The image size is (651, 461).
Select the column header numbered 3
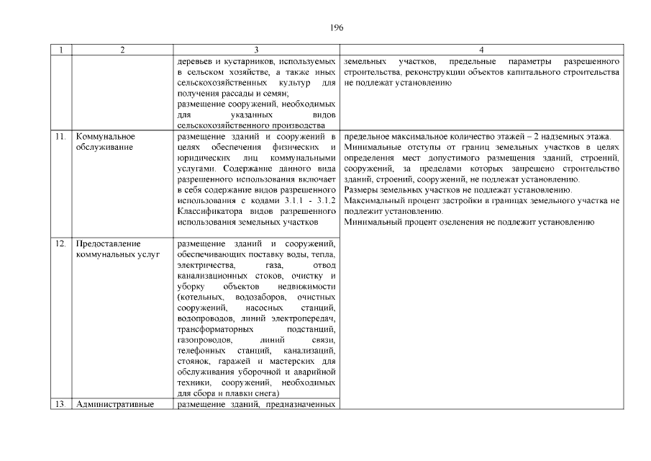coord(257,50)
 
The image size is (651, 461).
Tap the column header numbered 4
coord(481,50)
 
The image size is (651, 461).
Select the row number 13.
coord(61,403)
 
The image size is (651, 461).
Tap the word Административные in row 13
coord(115,403)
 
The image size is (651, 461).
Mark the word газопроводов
coord(204,340)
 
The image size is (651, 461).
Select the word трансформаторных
coord(211,329)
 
